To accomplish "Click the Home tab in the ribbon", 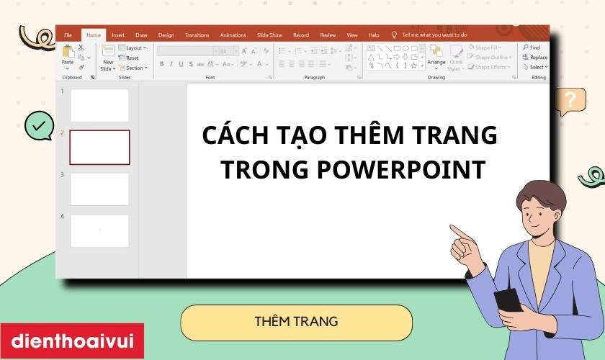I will click(x=93, y=35).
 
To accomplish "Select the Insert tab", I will click(x=117, y=35).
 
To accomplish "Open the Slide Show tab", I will click(x=269, y=35).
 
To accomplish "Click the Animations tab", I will click(x=233, y=35).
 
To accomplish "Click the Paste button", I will click(x=68, y=55).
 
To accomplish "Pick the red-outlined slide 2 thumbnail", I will click(x=99, y=147).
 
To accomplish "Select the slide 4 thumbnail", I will click(x=99, y=230).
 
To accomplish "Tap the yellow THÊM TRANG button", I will click(x=296, y=322).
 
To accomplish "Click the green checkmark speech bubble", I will click(x=38, y=125).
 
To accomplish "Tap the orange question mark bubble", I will click(x=572, y=100).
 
